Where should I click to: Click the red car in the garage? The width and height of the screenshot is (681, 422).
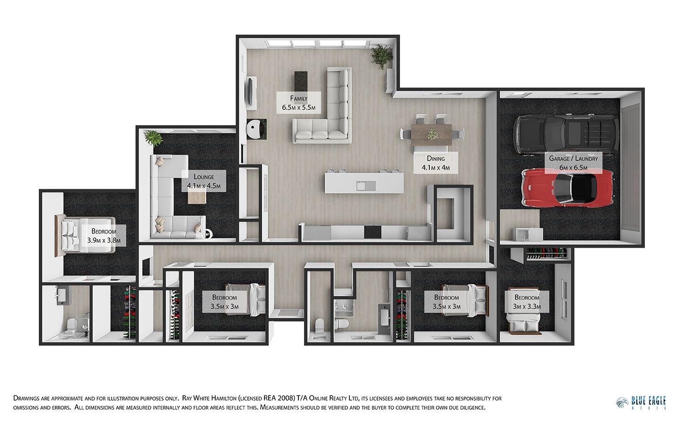pyautogui.click(x=567, y=188)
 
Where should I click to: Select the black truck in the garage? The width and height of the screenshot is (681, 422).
pyautogui.click(x=566, y=135)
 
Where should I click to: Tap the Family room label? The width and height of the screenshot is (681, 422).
pyautogui.click(x=298, y=103)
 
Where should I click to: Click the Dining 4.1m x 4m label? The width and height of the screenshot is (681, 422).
pyautogui.click(x=436, y=163)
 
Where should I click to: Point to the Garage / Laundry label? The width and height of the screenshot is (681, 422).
pyautogui.click(x=573, y=163)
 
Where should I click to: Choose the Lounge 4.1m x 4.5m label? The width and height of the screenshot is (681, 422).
pyautogui.click(x=204, y=181)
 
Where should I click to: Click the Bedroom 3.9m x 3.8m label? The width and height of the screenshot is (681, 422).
pyautogui.click(x=104, y=236)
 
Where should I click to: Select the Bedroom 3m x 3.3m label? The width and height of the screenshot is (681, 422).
pyautogui.click(x=527, y=302)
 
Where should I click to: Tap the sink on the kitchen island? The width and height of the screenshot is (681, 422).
pyautogui.click(x=366, y=186)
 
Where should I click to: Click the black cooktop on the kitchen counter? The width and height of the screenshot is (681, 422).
pyautogui.click(x=373, y=232)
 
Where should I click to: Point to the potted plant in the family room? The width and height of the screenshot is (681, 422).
pyautogui.click(x=381, y=56)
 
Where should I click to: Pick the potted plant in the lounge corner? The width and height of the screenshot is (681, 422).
pyautogui.click(x=154, y=138)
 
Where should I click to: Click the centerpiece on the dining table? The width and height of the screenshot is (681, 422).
pyautogui.click(x=432, y=134)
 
